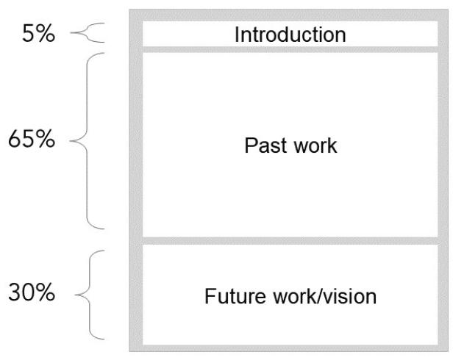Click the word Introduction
point(289,35)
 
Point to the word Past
point(260,145)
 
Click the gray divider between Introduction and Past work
point(289,48)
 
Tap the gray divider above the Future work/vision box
point(289,240)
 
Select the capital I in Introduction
point(237,35)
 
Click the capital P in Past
point(249,145)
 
